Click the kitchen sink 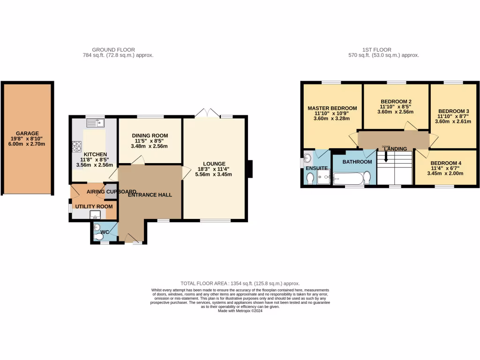tap(95, 123)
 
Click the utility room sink tap(95, 215)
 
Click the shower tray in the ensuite tap(323, 177)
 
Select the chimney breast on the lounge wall tap(250, 169)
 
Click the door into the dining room tap(137, 161)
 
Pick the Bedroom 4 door tap(422, 153)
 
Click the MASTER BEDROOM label tap(332, 108)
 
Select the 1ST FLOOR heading tap(376, 50)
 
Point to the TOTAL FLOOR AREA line tap(240, 284)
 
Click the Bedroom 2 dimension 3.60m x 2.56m tap(396, 112)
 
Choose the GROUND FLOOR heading tap(113, 50)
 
